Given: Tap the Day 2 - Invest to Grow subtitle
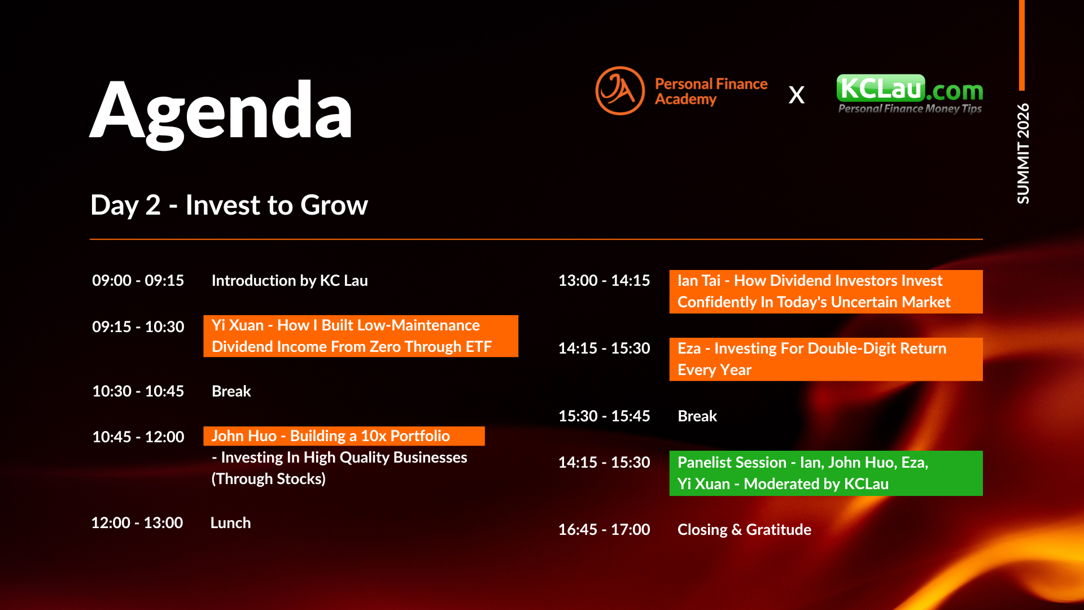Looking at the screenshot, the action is click(229, 204).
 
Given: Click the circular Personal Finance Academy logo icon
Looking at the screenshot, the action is click(620, 90).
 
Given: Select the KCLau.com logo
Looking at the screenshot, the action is click(910, 94).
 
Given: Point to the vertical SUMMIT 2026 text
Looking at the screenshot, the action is click(1023, 153).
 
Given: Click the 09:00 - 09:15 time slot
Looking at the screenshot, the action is click(138, 280).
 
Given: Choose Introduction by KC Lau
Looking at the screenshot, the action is click(290, 280).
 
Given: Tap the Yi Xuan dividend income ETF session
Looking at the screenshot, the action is click(361, 336).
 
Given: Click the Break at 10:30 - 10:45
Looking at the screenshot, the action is click(231, 391).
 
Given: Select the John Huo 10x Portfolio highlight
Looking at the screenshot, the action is click(344, 436).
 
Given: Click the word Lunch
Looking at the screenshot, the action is click(230, 522).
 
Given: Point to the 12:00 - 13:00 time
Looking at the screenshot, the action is click(137, 522).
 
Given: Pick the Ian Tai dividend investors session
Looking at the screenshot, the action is click(826, 291).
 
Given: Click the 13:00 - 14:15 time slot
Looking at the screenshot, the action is click(604, 280).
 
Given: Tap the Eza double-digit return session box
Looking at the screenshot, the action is click(826, 359).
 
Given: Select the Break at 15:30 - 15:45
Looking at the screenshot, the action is click(697, 416).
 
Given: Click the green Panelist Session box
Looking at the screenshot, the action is click(826, 473).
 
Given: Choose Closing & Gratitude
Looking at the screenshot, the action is click(744, 529).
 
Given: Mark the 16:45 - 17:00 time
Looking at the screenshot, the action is click(604, 529).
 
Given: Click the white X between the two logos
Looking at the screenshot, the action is click(797, 95).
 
